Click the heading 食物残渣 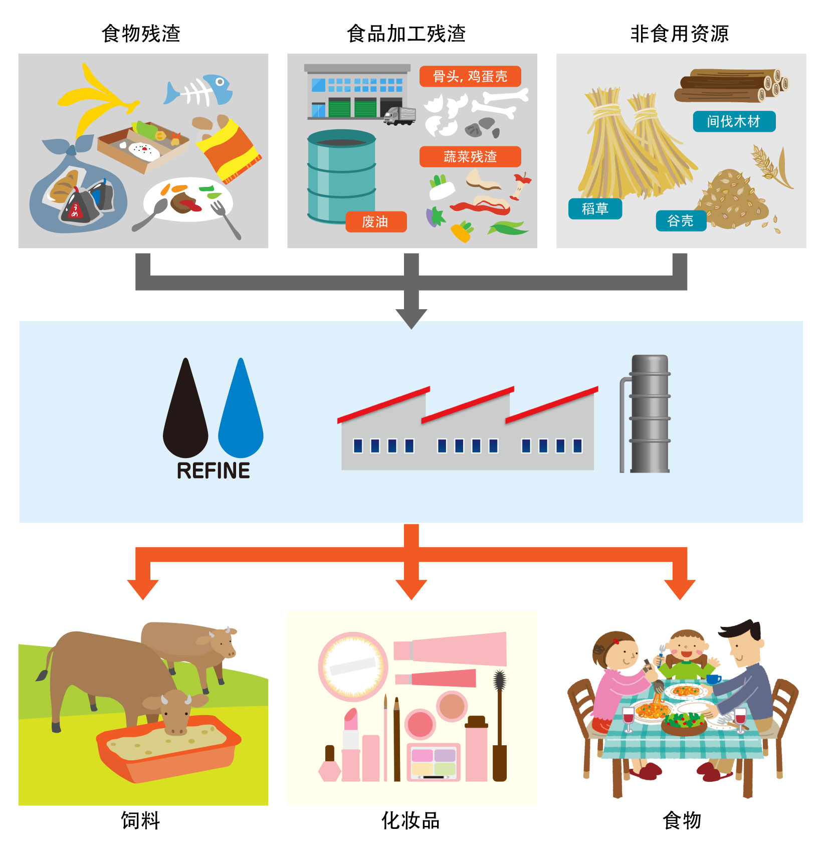click(x=141, y=34)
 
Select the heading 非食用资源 click(x=680, y=34)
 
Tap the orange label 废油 click(x=375, y=222)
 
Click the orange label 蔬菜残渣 click(x=470, y=157)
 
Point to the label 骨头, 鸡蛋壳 click(x=470, y=76)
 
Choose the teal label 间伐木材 click(x=734, y=121)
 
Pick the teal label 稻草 click(x=595, y=208)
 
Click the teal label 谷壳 click(x=681, y=221)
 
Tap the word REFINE click(x=214, y=471)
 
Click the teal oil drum click(x=341, y=176)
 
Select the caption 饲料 click(x=140, y=821)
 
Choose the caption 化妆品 click(x=410, y=821)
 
